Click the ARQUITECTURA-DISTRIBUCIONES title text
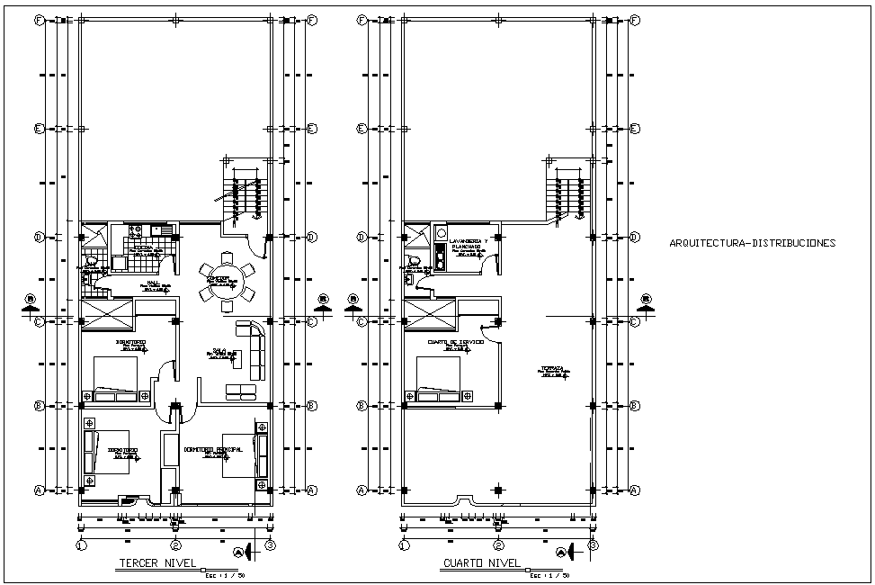click(753, 243)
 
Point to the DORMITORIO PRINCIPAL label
click(219, 447)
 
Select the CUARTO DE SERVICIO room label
click(456, 342)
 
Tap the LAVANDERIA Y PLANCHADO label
click(468, 245)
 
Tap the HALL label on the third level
click(154, 283)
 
